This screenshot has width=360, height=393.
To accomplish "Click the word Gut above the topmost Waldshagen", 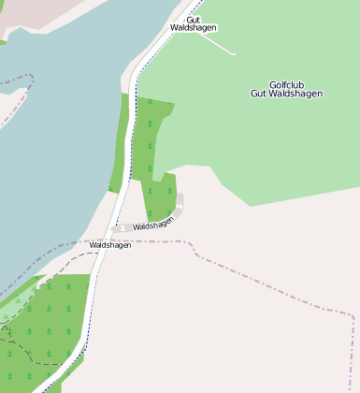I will click(x=194, y=19).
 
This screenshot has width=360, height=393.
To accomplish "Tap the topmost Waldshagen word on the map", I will click(x=194, y=28).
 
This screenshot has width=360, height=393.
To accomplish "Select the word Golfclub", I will click(x=287, y=84).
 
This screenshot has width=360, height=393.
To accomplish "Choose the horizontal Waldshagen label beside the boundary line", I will click(x=110, y=245).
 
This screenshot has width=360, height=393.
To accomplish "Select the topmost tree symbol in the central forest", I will click(x=149, y=101).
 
